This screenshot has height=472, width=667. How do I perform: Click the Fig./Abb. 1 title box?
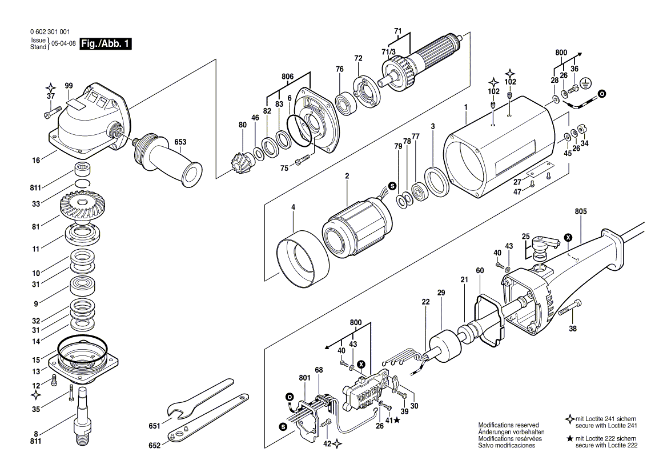(106, 44)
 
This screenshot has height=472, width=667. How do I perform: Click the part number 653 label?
(180, 142)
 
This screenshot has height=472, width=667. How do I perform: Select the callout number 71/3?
(389, 52)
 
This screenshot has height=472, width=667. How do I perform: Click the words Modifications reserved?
(508, 426)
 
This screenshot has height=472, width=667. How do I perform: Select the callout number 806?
(287, 76)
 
